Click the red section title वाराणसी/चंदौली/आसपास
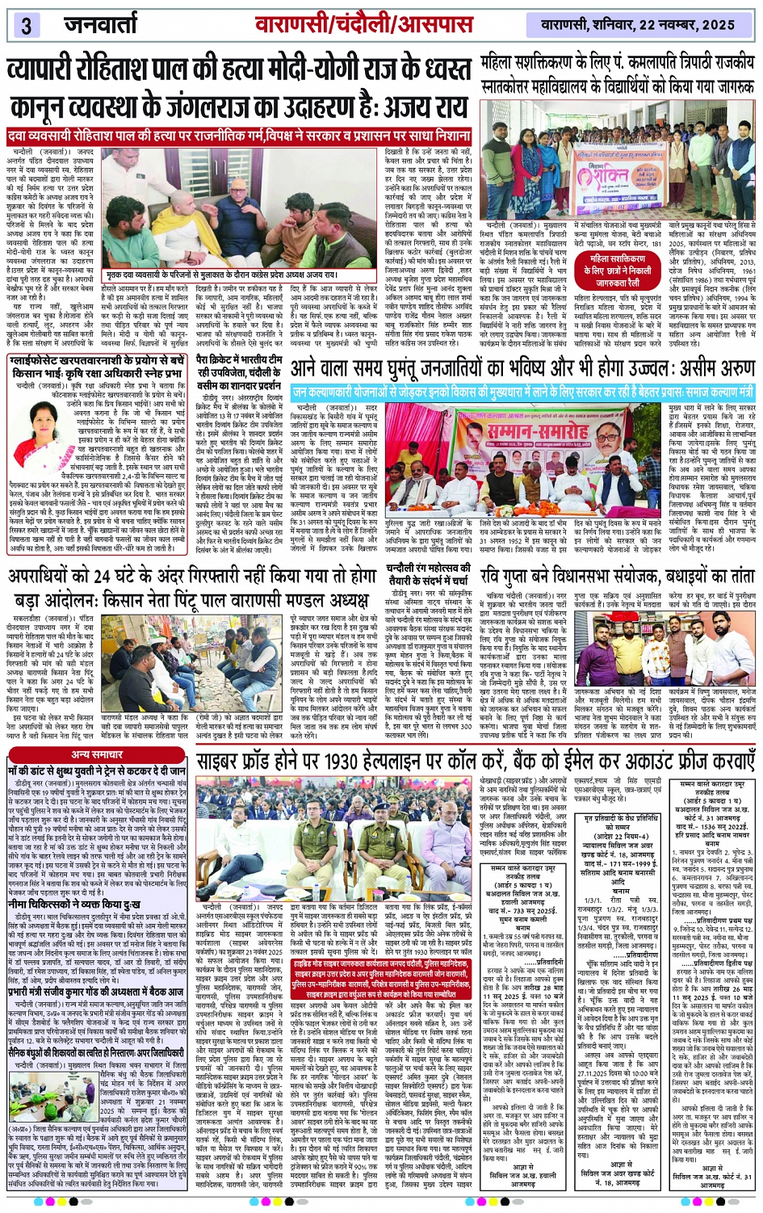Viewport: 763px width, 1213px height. coord(363,23)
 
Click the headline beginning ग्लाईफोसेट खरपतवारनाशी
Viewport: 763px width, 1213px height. coord(98,367)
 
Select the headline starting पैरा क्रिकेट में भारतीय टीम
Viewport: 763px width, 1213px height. coord(240,371)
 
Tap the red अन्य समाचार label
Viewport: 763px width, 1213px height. coord(97,754)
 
